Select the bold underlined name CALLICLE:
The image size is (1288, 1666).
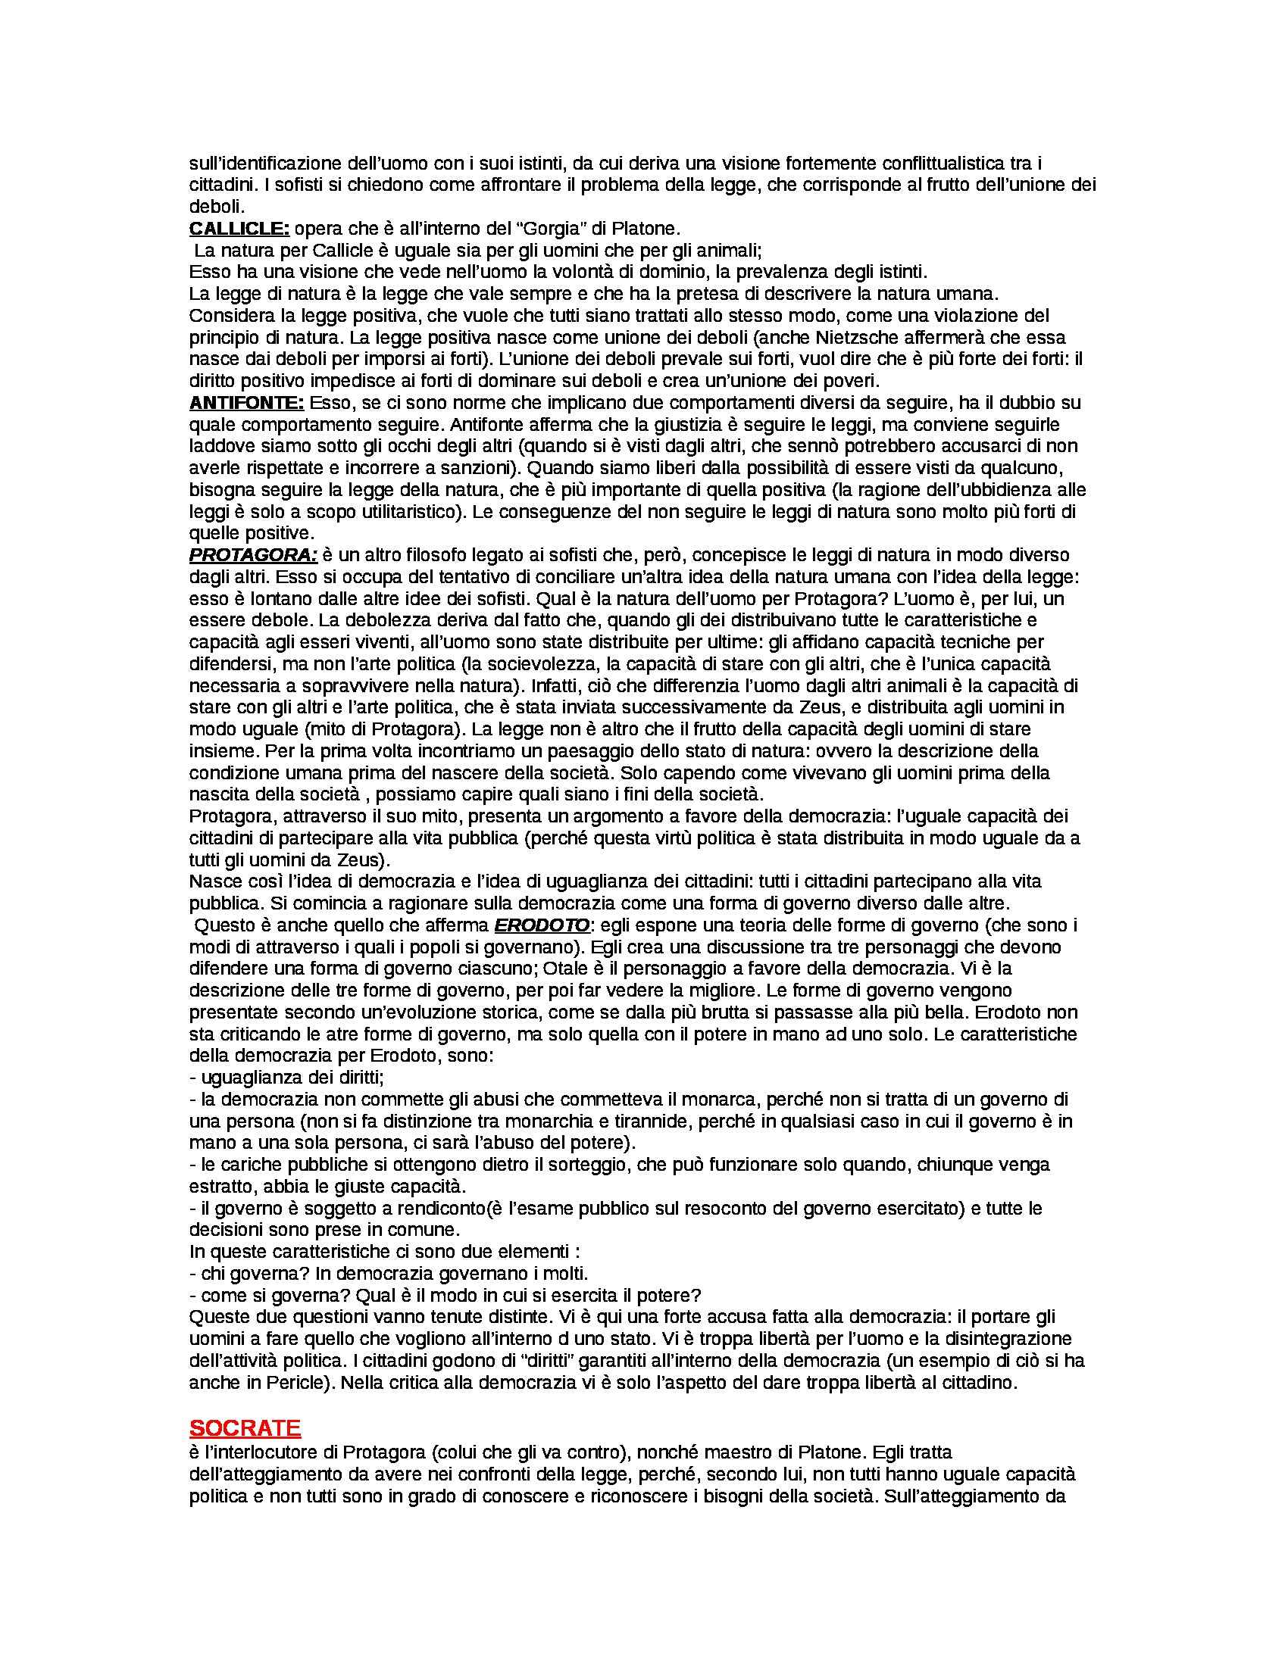pos(239,228)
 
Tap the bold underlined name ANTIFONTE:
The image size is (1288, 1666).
pos(246,402)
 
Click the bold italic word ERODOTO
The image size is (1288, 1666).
pos(542,925)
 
